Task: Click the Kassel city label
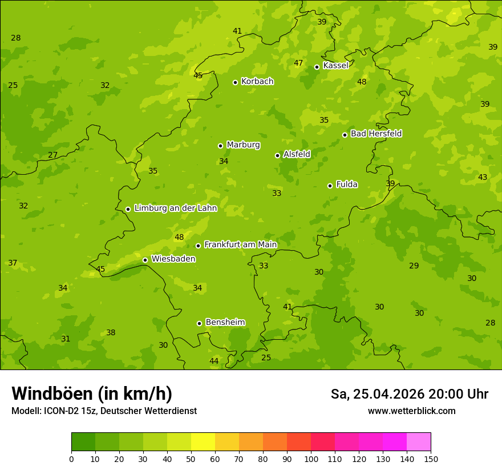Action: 335,66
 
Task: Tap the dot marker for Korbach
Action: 235,82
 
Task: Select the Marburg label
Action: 243,145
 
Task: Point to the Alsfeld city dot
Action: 277,155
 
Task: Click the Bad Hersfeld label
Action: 376,134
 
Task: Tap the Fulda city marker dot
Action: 330,186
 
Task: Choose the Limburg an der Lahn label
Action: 175,208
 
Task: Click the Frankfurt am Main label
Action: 240,245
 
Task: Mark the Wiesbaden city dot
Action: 145,260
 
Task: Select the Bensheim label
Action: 225,323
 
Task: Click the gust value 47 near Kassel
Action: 298,63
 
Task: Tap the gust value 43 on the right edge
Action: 483,178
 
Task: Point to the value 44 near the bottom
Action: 214,361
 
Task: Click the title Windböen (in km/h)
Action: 92,393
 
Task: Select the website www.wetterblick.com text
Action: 411,411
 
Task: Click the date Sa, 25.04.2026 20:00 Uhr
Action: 409,394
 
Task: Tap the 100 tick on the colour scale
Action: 311,459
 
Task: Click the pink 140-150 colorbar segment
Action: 419,442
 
